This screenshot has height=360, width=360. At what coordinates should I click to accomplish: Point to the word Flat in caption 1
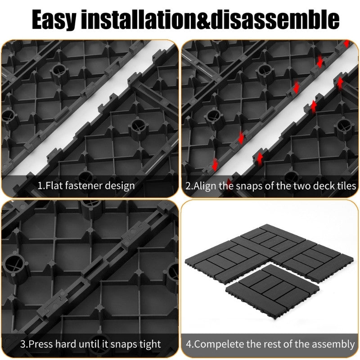(55, 185)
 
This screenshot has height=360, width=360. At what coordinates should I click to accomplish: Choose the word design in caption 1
(120, 185)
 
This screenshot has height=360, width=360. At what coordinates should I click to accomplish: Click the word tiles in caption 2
(345, 185)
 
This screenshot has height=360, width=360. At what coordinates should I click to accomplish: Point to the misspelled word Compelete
(218, 344)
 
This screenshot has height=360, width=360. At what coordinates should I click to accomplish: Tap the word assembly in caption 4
(333, 344)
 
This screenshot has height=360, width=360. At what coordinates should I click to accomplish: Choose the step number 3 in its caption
(22, 344)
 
